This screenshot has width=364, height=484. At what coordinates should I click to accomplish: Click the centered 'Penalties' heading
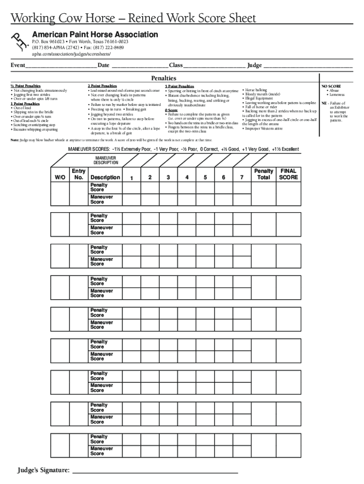(x=164, y=78)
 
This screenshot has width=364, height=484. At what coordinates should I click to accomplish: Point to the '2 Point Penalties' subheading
(x=102, y=86)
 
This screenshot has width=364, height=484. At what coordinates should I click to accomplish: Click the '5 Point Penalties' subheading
(x=179, y=86)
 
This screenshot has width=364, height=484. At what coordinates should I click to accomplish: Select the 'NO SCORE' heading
(x=331, y=86)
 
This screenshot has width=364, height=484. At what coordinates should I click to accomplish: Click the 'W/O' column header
(x=60, y=177)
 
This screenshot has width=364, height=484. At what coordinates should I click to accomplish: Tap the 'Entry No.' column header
(x=78, y=174)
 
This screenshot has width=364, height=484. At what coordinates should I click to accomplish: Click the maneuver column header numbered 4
(x=187, y=177)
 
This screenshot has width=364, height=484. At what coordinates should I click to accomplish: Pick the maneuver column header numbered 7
(x=242, y=177)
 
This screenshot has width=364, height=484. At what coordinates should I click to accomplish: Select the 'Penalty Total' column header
(x=264, y=174)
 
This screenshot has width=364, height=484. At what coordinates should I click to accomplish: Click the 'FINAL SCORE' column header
(x=288, y=174)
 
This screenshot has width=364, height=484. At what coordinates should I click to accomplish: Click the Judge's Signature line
(x=155, y=471)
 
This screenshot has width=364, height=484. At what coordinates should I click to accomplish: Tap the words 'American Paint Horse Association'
(x=95, y=35)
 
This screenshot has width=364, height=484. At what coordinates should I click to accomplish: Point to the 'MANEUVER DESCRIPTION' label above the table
(x=105, y=160)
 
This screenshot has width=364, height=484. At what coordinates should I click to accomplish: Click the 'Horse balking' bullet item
(x=256, y=90)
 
